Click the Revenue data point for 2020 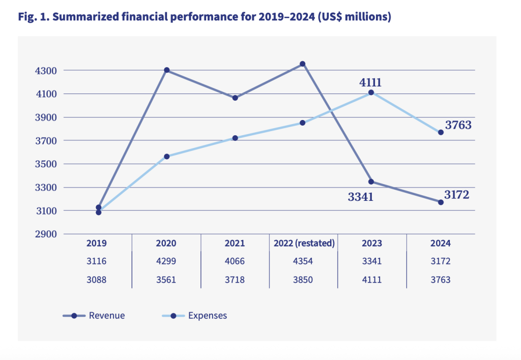tap(166, 70)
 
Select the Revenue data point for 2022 tap(303, 64)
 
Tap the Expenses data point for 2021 tap(235, 138)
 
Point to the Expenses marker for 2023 tap(371, 93)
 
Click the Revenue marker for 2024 tap(441, 202)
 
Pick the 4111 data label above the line tap(371, 82)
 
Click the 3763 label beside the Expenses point tap(458, 125)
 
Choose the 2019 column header tap(98, 244)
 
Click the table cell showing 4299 tap(166, 261)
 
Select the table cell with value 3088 tap(98, 279)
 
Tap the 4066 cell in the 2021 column tap(235, 261)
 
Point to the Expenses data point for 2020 tap(166, 157)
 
